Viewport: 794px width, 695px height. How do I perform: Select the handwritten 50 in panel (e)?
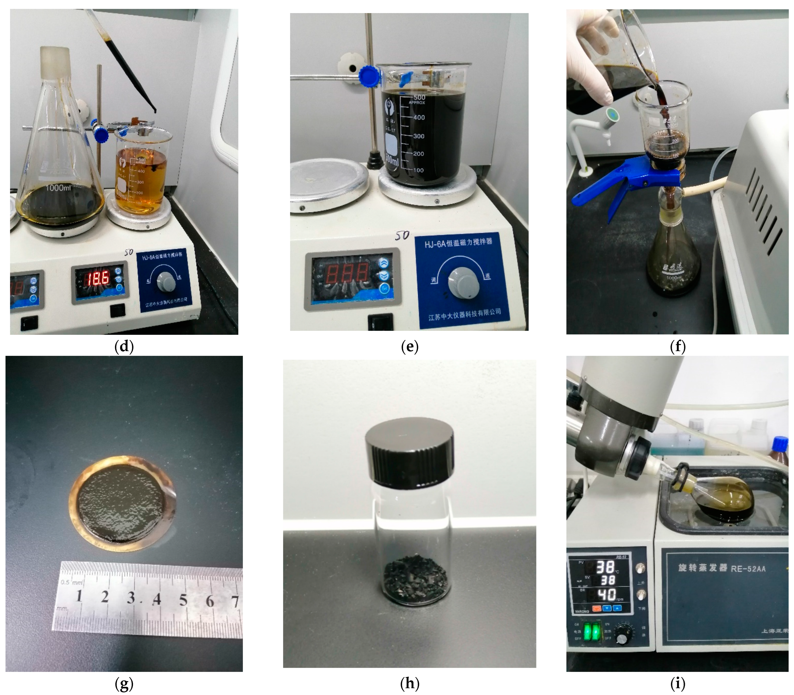(402, 235)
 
